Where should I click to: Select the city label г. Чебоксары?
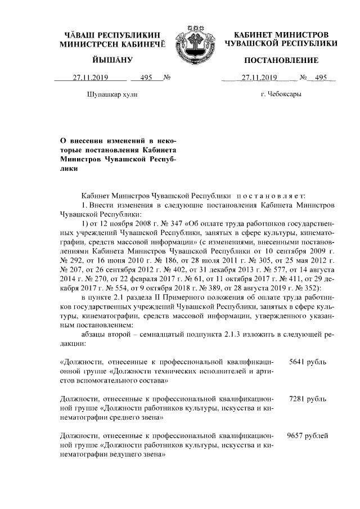(x=281, y=94)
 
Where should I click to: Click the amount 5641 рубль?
(x=307, y=363)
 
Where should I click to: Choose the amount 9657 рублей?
(x=307, y=435)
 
